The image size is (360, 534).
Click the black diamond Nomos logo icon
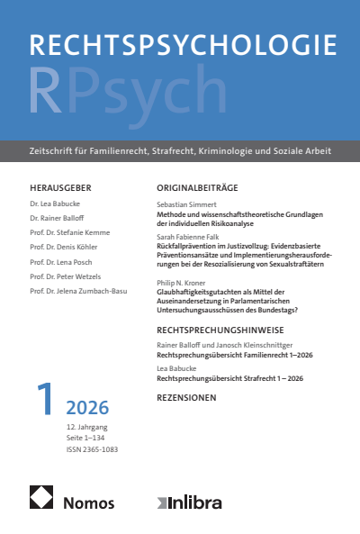[x=41, y=496]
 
